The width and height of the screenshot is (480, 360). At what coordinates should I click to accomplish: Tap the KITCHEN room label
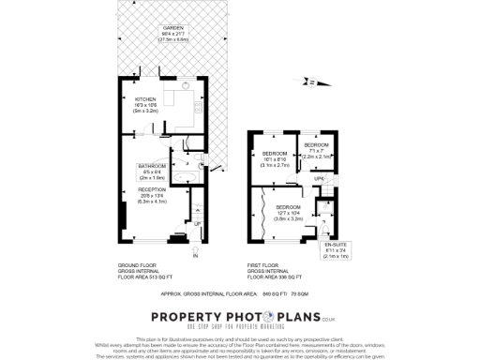pyautogui.click(x=144, y=98)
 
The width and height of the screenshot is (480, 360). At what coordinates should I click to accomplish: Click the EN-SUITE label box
pyautogui.click(x=348, y=246)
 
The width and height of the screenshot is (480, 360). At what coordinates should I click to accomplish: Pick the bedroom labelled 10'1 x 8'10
pyautogui.click(x=274, y=153)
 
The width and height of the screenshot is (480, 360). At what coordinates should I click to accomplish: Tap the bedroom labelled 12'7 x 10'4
pyautogui.click(x=289, y=207)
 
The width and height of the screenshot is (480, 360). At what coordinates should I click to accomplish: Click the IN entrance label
pyautogui.click(x=196, y=255)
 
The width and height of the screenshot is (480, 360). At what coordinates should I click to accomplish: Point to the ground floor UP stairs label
pyautogui.click(x=196, y=223)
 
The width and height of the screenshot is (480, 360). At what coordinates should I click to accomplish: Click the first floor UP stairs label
pyautogui.click(x=319, y=178)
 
